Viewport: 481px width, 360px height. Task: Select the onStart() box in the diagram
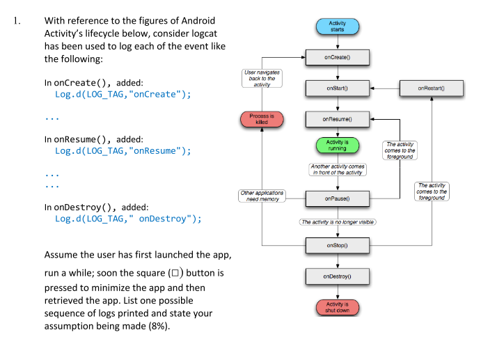pyautogui.click(x=337, y=88)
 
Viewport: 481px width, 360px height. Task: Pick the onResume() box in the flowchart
pyautogui.click(x=337, y=119)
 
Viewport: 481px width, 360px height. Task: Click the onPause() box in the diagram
pyautogui.click(x=337, y=198)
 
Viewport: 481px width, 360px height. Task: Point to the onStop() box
pyautogui.click(x=337, y=245)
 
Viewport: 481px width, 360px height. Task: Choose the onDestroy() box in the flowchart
pyautogui.click(x=337, y=276)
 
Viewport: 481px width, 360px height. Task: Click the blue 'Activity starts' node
pyautogui.click(x=337, y=26)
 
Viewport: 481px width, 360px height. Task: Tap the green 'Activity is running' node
pyautogui.click(x=337, y=146)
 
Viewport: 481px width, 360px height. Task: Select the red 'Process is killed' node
pyautogui.click(x=262, y=119)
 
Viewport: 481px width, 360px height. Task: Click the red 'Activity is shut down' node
pyautogui.click(x=337, y=307)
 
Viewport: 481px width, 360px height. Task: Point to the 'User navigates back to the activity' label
pyautogui.click(x=262, y=77)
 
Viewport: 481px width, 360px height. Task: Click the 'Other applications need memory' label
pyautogui.click(x=262, y=196)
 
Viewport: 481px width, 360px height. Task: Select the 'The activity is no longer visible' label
pyautogui.click(x=337, y=222)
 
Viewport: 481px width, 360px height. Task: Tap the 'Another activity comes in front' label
pyautogui.click(x=337, y=169)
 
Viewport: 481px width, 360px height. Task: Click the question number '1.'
pyautogui.click(x=19, y=21)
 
